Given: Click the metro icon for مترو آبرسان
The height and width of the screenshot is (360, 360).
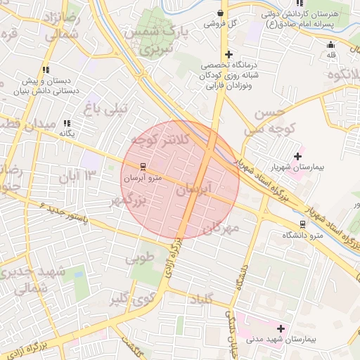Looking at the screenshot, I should (x=143, y=167).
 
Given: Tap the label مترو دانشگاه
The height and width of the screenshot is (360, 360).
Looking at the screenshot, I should (x=302, y=236).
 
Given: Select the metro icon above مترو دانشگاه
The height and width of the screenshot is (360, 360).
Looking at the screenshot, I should (x=302, y=224).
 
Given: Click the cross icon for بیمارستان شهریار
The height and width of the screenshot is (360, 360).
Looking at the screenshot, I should (x=297, y=156).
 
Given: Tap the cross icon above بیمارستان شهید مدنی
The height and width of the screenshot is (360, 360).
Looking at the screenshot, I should (x=281, y=328).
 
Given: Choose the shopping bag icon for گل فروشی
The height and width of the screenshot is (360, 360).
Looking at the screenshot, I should (x=221, y=13).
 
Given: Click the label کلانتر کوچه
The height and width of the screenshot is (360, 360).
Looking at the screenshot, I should (x=160, y=141).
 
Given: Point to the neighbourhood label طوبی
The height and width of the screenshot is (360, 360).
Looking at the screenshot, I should (x=139, y=259).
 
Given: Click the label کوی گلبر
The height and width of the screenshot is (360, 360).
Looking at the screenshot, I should (x=129, y=301).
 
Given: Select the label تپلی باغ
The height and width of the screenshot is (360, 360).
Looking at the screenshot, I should (x=106, y=108).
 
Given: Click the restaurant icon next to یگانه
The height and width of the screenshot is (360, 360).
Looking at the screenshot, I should (x=67, y=123).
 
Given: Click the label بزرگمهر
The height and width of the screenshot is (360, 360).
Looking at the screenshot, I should (x=126, y=201).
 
